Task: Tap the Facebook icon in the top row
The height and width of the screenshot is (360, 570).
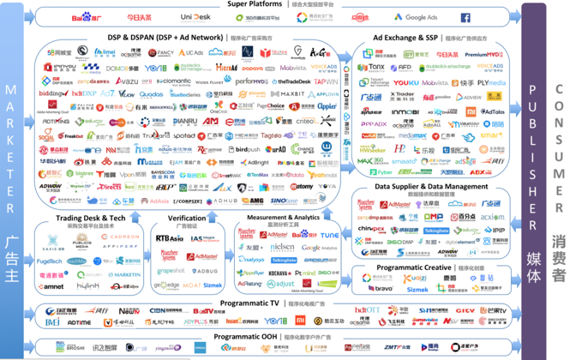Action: tap(465, 17)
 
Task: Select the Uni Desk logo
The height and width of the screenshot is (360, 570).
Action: tap(195, 17)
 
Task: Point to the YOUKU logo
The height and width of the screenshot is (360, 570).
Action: tap(405, 83)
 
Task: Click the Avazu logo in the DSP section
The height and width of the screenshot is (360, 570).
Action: tap(128, 81)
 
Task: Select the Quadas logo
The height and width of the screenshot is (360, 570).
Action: tap(150, 94)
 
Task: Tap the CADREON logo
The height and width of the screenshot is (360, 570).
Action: tap(121, 237)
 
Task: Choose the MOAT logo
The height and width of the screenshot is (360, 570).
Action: tap(190, 285)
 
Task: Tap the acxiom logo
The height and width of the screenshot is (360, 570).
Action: tap(491, 218)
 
